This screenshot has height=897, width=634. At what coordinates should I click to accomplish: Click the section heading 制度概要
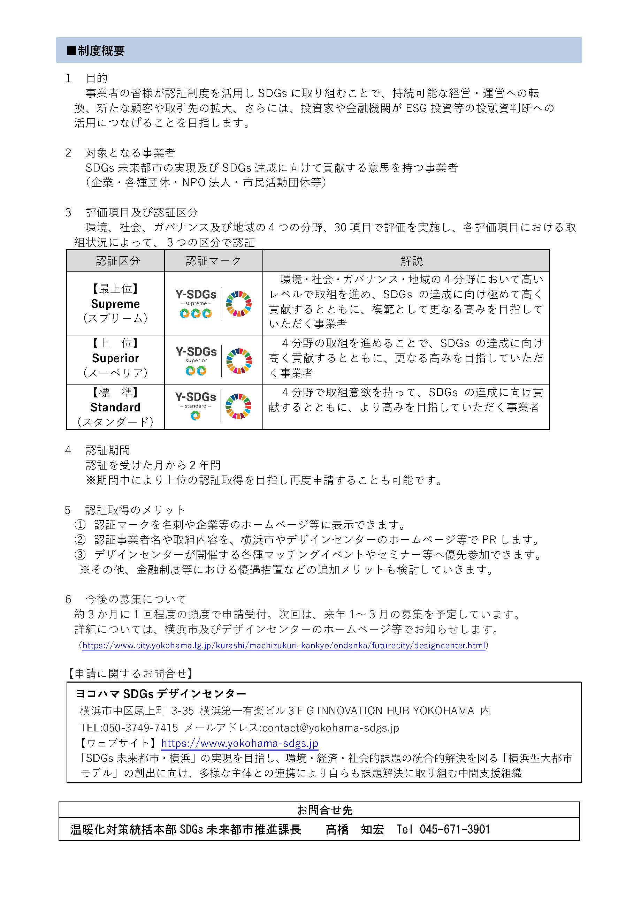[x=101, y=51]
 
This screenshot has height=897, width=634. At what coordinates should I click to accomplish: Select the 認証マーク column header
[x=213, y=261]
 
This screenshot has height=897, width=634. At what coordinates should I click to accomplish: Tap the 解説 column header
[x=411, y=261]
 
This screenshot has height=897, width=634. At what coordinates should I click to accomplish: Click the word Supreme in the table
[x=115, y=304]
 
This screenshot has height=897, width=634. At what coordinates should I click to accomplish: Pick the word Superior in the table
[x=115, y=358]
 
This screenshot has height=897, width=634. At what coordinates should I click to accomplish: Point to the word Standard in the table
[x=115, y=408]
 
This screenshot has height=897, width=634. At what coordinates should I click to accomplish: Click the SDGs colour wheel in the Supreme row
[x=239, y=304]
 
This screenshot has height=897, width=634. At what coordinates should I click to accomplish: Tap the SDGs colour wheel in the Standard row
[x=238, y=407]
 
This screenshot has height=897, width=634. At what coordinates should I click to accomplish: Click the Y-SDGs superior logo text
[x=196, y=352]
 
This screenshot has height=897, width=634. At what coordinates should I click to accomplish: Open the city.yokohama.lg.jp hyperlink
[x=284, y=645]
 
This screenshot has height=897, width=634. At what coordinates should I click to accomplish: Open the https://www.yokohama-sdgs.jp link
[x=239, y=743]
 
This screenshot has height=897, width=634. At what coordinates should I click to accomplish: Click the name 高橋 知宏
[x=354, y=829]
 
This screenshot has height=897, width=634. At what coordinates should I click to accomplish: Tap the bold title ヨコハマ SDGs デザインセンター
[x=161, y=694]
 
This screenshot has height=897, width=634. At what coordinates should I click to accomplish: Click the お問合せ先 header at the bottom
[x=324, y=810]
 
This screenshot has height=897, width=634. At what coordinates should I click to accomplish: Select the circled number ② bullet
[x=80, y=540]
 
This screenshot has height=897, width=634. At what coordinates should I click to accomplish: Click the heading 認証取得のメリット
[x=135, y=510]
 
